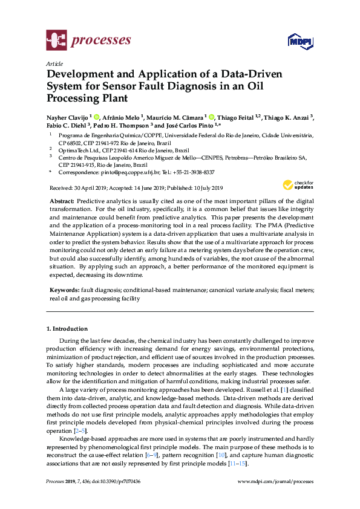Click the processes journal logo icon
pos(56,41)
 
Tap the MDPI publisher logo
pos(299,42)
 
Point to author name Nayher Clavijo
pos(67,117)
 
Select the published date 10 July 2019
pos(206,188)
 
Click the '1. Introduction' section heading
pos(67,328)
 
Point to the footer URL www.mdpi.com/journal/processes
pos(277,482)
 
